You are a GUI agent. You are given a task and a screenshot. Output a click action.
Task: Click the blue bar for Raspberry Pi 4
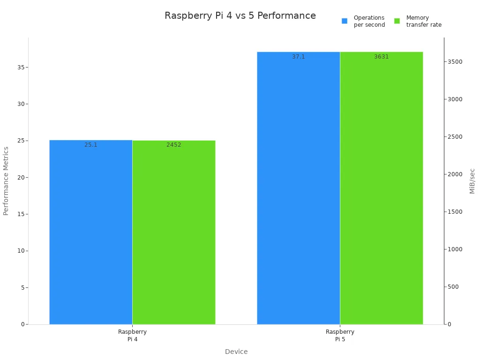point(90,232)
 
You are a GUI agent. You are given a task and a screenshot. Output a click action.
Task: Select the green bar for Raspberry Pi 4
point(173,232)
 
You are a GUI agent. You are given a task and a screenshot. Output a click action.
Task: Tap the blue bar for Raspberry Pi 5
point(298,187)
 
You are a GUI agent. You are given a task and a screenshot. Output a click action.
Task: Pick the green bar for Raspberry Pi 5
point(381,187)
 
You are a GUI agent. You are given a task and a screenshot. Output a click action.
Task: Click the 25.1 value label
point(91,145)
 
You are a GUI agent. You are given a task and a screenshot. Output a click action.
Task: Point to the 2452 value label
point(173,145)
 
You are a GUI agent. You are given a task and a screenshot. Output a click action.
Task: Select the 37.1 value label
point(299,57)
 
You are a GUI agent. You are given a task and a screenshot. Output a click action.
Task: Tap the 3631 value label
point(381,57)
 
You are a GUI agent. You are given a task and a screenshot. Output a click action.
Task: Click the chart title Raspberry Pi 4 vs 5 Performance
point(240,16)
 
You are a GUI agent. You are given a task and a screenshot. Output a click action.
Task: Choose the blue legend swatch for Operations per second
point(345,21)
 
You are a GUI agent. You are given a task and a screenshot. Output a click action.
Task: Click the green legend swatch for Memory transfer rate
point(397,21)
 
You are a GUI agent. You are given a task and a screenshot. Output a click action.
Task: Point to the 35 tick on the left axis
point(20,67)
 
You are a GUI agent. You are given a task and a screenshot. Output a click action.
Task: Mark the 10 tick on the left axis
point(20,251)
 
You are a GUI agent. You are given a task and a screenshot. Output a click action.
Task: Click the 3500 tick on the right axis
point(455,62)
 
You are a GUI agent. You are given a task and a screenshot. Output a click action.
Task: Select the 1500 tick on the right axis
point(455,212)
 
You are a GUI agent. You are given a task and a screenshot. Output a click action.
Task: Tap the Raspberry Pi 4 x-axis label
point(132,335)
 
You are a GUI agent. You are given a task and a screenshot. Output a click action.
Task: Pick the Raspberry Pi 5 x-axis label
point(340,335)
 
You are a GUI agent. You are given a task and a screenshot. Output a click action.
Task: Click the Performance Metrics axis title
point(6,181)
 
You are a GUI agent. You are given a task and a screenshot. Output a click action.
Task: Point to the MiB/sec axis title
point(472,181)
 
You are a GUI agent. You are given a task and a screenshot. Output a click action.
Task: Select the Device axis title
point(236,352)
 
